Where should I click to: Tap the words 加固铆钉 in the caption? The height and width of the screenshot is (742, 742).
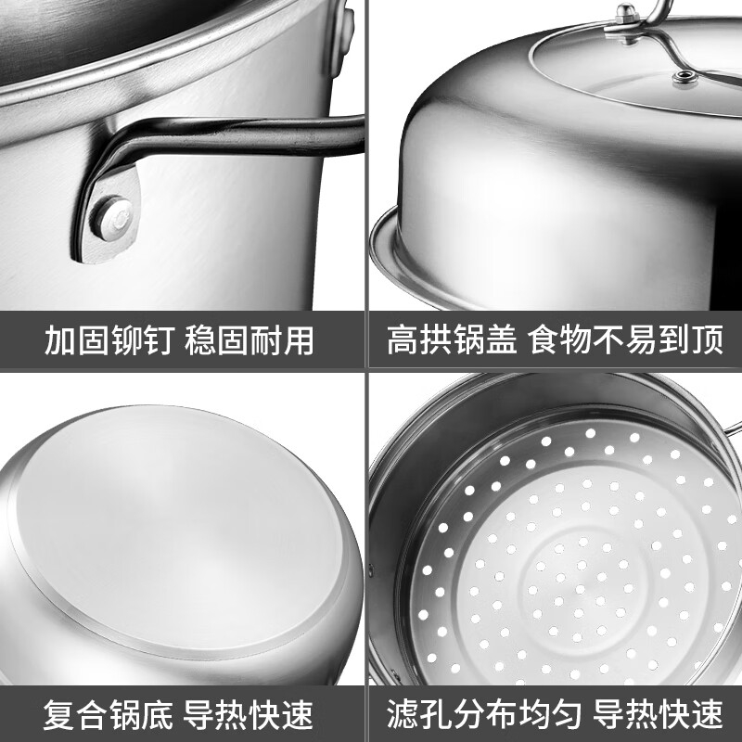click(109, 340)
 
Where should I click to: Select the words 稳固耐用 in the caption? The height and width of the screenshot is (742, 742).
click(249, 340)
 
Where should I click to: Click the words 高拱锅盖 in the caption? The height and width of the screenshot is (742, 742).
click(452, 339)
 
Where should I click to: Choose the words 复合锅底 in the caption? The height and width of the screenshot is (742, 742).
click(108, 714)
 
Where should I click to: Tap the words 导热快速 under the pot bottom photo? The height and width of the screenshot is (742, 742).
click(248, 714)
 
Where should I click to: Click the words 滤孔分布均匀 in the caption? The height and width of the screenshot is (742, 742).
click(483, 713)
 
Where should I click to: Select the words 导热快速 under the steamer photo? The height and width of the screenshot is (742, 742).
click(658, 713)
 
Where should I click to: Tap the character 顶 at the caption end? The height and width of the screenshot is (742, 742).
click(709, 339)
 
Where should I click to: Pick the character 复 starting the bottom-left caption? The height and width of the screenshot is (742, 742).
click(59, 714)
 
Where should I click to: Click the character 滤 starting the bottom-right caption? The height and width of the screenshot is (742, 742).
click(403, 713)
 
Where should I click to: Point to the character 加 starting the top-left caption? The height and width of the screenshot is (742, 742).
click(60, 340)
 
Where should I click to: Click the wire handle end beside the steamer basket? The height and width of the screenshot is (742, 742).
click(733, 428)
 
